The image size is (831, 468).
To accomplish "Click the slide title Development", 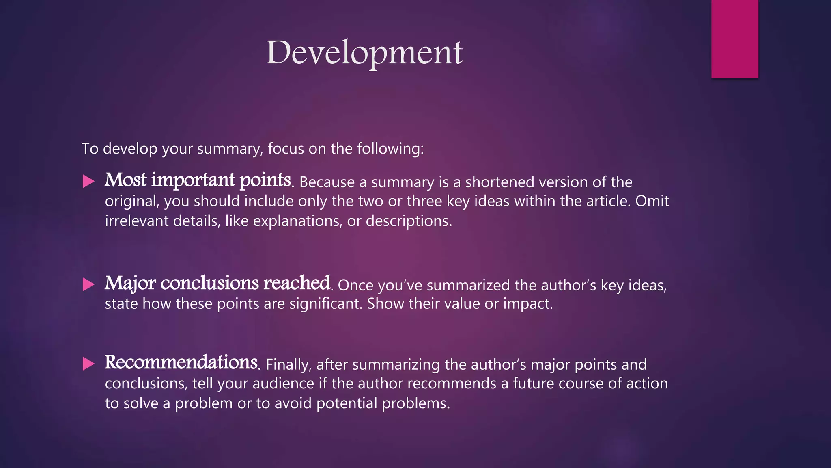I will pos(364,53).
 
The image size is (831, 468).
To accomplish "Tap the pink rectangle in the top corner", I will pos(734,39).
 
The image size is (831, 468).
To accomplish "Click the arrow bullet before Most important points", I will pos(88,181).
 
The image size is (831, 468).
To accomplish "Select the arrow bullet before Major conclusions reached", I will pos(88,284).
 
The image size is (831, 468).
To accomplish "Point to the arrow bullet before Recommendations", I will pos(88,363).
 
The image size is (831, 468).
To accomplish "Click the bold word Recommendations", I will pos(181,362).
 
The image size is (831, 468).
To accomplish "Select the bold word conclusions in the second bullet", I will pos(209,283).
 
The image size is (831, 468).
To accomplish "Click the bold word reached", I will pos(297,283).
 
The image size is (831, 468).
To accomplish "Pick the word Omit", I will pos(652,201).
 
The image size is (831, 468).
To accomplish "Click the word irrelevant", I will pos(137,221).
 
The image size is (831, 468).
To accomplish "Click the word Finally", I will pos(288,364).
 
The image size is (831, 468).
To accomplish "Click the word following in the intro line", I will pos(390,149).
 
